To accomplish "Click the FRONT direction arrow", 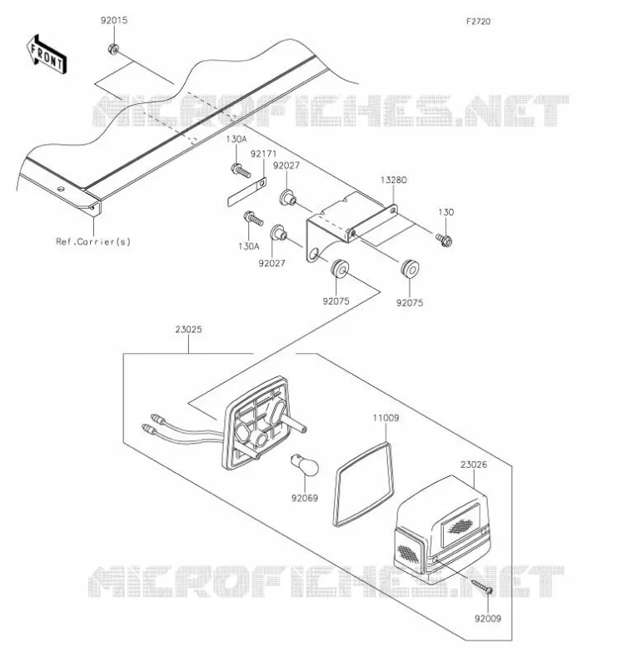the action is pos(47,55).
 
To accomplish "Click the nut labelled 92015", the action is pos(113,49).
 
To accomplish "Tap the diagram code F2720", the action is pos(478,22).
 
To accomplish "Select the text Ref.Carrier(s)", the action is pos(93,241).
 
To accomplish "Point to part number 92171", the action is pos(263,153).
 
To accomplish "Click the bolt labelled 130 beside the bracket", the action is pos(444,241).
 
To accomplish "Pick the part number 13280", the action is pos(393,180).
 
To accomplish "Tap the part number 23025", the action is pos(188,329).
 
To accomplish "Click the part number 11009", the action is pos(386,418).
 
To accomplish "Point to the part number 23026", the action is pos(474,465).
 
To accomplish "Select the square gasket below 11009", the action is pos(363,485).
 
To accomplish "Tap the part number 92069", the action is pos(305,498).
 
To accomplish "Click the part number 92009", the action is pos(488,619).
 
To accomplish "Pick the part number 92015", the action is pos(114,20).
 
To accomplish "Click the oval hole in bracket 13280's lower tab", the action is pos(315,255).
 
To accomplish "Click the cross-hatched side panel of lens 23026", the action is pos(409,553).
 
